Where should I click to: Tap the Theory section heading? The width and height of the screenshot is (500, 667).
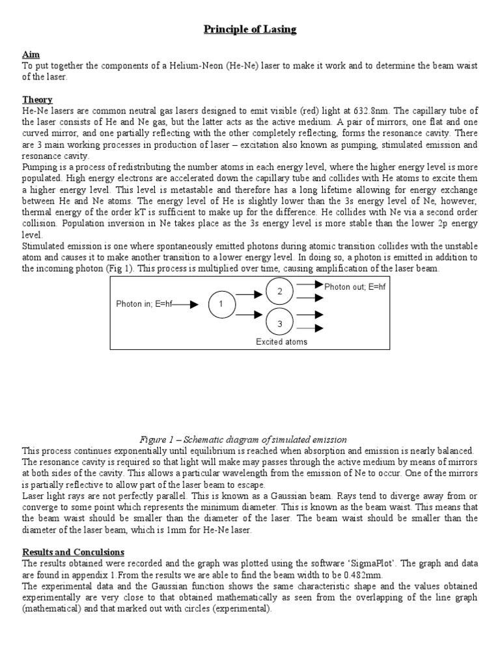(x=37, y=100)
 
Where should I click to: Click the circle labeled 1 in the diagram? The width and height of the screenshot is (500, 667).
(x=221, y=304)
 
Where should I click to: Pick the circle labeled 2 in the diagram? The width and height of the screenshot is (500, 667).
(x=279, y=291)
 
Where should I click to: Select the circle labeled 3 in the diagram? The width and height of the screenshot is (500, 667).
(x=279, y=322)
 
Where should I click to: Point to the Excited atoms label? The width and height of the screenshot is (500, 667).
(x=281, y=341)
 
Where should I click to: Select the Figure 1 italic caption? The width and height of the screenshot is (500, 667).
(x=249, y=440)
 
